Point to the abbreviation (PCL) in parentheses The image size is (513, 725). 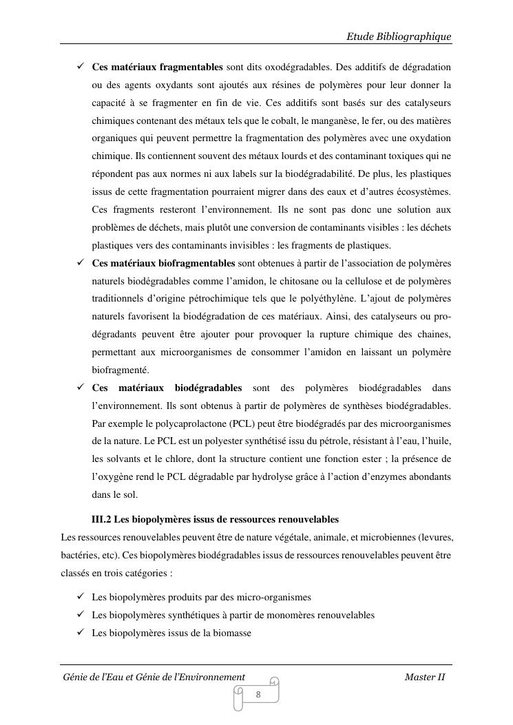(243, 423)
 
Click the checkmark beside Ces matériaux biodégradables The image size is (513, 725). (80, 388)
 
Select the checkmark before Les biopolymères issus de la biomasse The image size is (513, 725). (80, 632)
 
